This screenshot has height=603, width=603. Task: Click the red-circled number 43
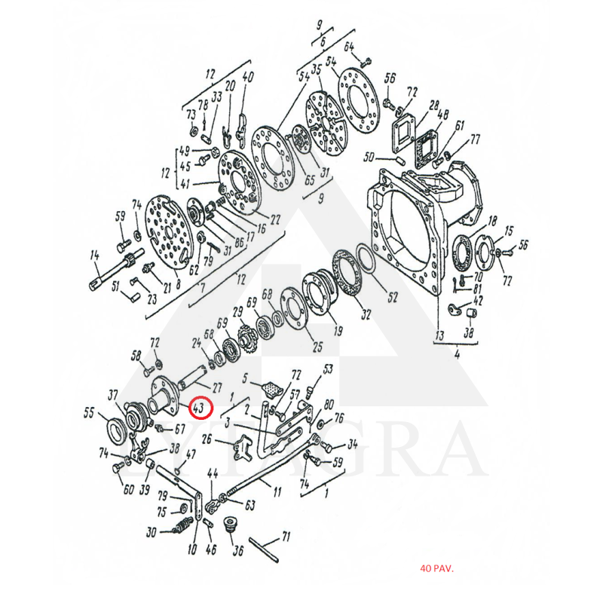199,409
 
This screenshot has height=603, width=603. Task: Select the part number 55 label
89,413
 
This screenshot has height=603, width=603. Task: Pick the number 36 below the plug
238,551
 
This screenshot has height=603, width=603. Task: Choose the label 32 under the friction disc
366,314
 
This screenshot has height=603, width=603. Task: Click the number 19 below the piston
337,329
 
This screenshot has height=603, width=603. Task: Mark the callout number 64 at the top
349,47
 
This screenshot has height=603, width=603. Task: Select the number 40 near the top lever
249,75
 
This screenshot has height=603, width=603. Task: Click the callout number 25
317,347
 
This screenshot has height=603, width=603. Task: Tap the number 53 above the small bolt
328,369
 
